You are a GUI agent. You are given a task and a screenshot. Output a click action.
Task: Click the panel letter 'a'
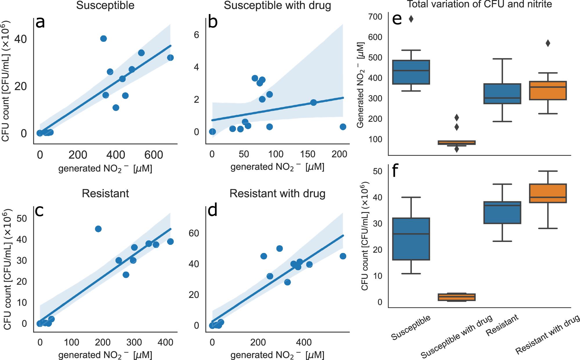[x=40, y=23]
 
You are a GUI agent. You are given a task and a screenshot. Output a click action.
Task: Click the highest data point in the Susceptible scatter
[x=104, y=39]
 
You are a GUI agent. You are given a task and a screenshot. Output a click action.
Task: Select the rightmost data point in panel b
[x=343, y=127]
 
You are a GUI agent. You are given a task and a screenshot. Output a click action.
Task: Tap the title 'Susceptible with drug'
[x=277, y=6]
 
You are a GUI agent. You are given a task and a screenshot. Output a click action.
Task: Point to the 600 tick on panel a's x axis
[x=153, y=155]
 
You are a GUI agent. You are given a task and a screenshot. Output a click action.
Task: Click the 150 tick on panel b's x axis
[x=308, y=154]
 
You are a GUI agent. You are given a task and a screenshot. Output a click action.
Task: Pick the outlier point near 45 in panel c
[x=98, y=229]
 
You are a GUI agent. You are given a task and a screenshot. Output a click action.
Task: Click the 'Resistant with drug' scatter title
[x=277, y=193]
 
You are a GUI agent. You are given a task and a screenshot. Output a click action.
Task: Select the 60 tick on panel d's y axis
[x=194, y=233]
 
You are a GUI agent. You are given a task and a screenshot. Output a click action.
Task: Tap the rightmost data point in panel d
[x=343, y=256]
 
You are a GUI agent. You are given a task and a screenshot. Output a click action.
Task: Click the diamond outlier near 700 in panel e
[x=411, y=19]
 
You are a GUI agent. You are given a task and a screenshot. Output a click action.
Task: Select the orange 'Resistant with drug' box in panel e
[x=548, y=91]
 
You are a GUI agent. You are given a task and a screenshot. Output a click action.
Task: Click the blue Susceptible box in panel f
[x=411, y=239]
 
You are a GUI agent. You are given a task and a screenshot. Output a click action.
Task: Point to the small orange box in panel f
[x=456, y=297]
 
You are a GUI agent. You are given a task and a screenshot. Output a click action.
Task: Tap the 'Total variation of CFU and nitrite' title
[x=479, y=4]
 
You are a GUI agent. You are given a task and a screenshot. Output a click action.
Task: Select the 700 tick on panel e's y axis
[x=375, y=17]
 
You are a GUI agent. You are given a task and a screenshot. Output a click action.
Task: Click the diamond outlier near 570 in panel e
[x=548, y=43]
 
